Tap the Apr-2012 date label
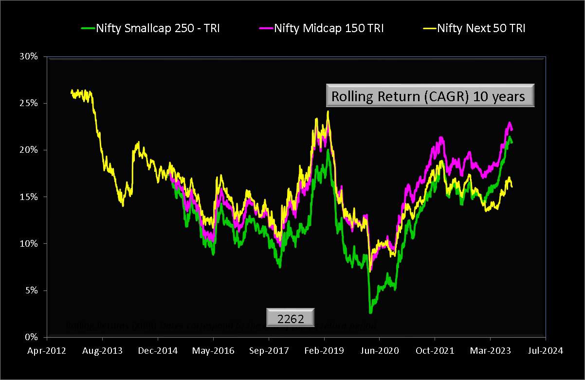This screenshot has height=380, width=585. (47, 350)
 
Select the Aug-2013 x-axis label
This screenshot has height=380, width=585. (102, 350)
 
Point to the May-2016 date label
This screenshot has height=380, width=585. (213, 350)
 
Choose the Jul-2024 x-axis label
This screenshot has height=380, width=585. (545, 350)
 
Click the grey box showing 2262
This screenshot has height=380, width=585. (290, 318)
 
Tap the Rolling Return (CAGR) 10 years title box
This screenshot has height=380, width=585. (430, 96)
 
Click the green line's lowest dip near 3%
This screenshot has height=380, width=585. (370, 311)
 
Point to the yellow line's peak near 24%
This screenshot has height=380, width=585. (328, 112)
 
